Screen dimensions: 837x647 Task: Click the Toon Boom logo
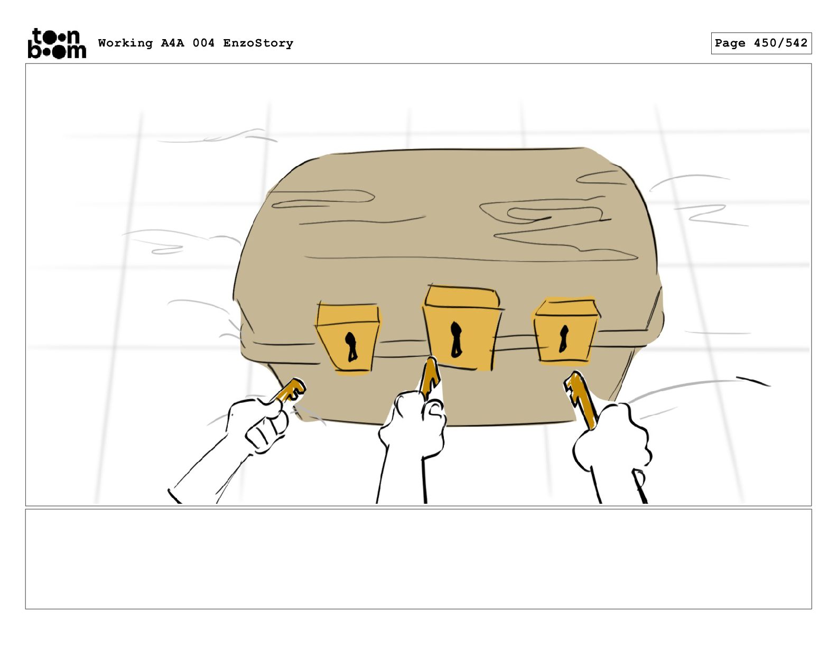[x=57, y=43]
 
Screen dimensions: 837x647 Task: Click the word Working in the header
[x=125, y=43]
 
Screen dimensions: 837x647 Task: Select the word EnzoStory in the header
[x=258, y=43]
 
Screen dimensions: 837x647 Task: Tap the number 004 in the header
[x=204, y=43]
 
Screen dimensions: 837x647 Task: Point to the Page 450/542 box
[x=761, y=43]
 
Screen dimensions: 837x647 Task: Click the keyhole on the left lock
[x=351, y=347]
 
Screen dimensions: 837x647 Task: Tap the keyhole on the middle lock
[x=455, y=339]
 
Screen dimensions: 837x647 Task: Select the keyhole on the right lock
[x=563, y=339]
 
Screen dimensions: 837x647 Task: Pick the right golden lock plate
[x=565, y=330]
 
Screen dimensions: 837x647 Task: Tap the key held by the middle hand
[x=430, y=377]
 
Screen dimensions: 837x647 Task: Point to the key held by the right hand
[x=581, y=400]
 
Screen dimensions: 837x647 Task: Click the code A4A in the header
[x=173, y=43]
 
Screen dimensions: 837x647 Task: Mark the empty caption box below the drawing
[x=418, y=559]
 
